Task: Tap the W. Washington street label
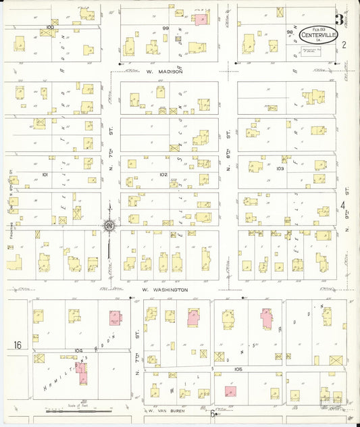tap(164, 289)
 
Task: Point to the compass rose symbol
tap(108, 226)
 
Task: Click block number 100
tap(49, 27)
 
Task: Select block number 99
tap(165, 28)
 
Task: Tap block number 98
tap(289, 31)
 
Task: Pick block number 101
tap(45, 174)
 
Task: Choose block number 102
tap(163, 174)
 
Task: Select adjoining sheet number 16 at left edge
tap(17, 345)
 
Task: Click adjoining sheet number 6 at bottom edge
tap(212, 413)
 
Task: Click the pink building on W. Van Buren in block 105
tap(229, 391)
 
